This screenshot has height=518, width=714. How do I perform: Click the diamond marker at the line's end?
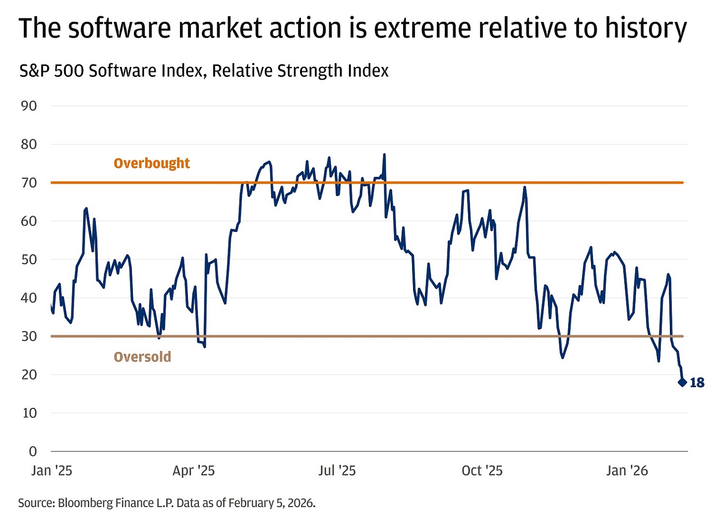pyautogui.click(x=682, y=382)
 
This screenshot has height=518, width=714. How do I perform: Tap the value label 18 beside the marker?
pyautogui.click(x=697, y=383)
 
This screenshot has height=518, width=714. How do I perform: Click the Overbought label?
pyautogui.click(x=152, y=163)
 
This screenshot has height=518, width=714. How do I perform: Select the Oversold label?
pyautogui.click(x=142, y=357)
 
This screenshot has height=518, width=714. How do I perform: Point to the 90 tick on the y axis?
pyautogui.click(x=29, y=106)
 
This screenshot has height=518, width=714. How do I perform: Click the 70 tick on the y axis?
pyautogui.click(x=29, y=182)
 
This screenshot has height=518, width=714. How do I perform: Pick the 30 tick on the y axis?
pyautogui.click(x=29, y=336)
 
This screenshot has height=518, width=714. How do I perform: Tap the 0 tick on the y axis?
pyautogui.click(x=33, y=451)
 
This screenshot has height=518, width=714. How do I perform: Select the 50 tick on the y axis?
pyautogui.click(x=29, y=259)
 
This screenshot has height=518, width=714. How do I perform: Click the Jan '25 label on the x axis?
pyautogui.click(x=52, y=470)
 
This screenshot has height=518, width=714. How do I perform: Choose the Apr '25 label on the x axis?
pyautogui.click(x=193, y=470)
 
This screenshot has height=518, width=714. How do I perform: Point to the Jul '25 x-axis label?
pyautogui.click(x=337, y=470)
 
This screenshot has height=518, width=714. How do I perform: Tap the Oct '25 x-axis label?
pyautogui.click(x=482, y=470)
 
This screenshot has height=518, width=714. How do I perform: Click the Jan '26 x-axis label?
pyautogui.click(x=627, y=470)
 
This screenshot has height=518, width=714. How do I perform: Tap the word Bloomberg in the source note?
pyautogui.click(x=85, y=503)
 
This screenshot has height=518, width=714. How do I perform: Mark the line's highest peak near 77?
pyautogui.click(x=384, y=155)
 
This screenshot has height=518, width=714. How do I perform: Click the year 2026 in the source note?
pyautogui.click(x=301, y=503)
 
